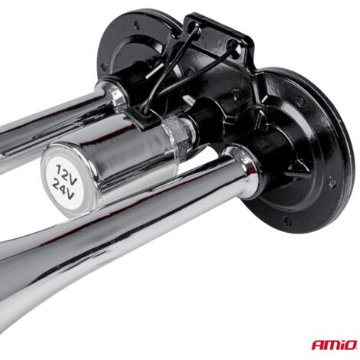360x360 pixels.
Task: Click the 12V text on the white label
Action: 65,173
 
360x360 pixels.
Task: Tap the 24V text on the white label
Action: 64,190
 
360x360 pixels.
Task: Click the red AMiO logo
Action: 334,345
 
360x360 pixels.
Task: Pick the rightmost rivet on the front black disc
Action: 331,183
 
